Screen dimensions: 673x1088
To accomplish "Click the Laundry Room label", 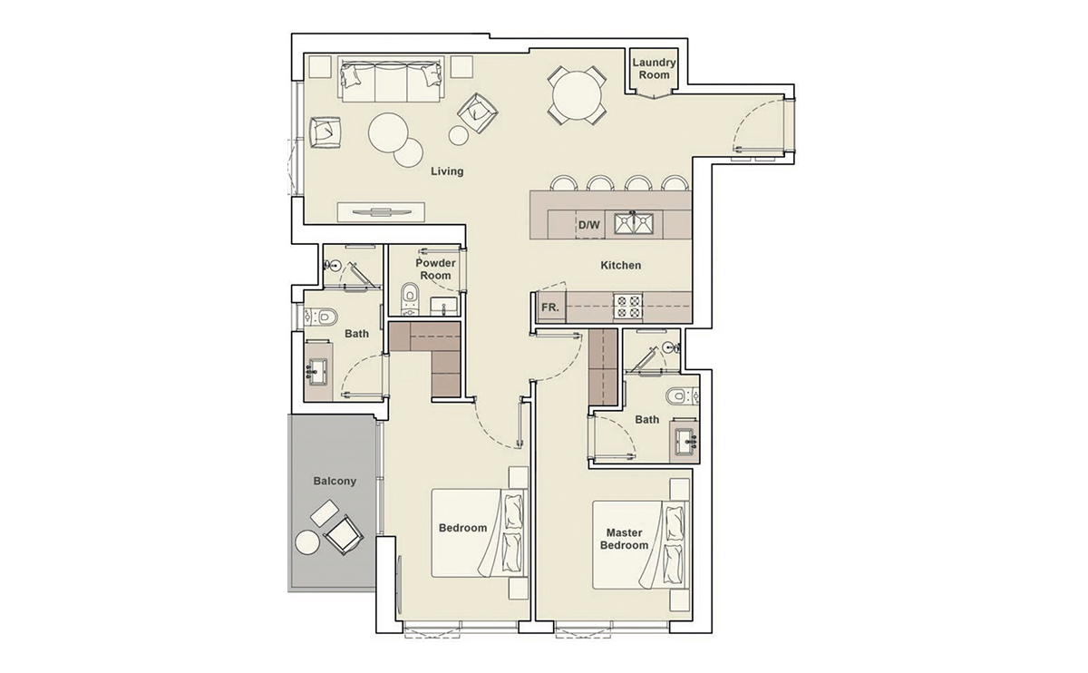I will (x=654, y=69).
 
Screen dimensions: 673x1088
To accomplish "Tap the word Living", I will (x=447, y=171).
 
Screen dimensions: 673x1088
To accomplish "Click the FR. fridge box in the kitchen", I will (x=549, y=307).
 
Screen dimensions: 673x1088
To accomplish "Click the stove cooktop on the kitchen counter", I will (x=628, y=307).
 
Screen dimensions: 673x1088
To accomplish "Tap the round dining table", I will (x=577, y=94).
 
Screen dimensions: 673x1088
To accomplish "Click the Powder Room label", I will (x=435, y=269).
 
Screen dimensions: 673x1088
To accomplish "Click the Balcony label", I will (x=335, y=481).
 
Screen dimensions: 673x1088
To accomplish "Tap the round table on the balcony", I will (x=306, y=542).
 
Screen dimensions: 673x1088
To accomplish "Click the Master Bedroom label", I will (x=624, y=540).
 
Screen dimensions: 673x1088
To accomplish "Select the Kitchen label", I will (x=621, y=266).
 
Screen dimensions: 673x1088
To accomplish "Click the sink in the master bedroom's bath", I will (x=685, y=442).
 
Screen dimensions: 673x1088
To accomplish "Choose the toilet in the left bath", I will (x=323, y=317).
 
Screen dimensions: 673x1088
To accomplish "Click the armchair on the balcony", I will (x=342, y=536).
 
